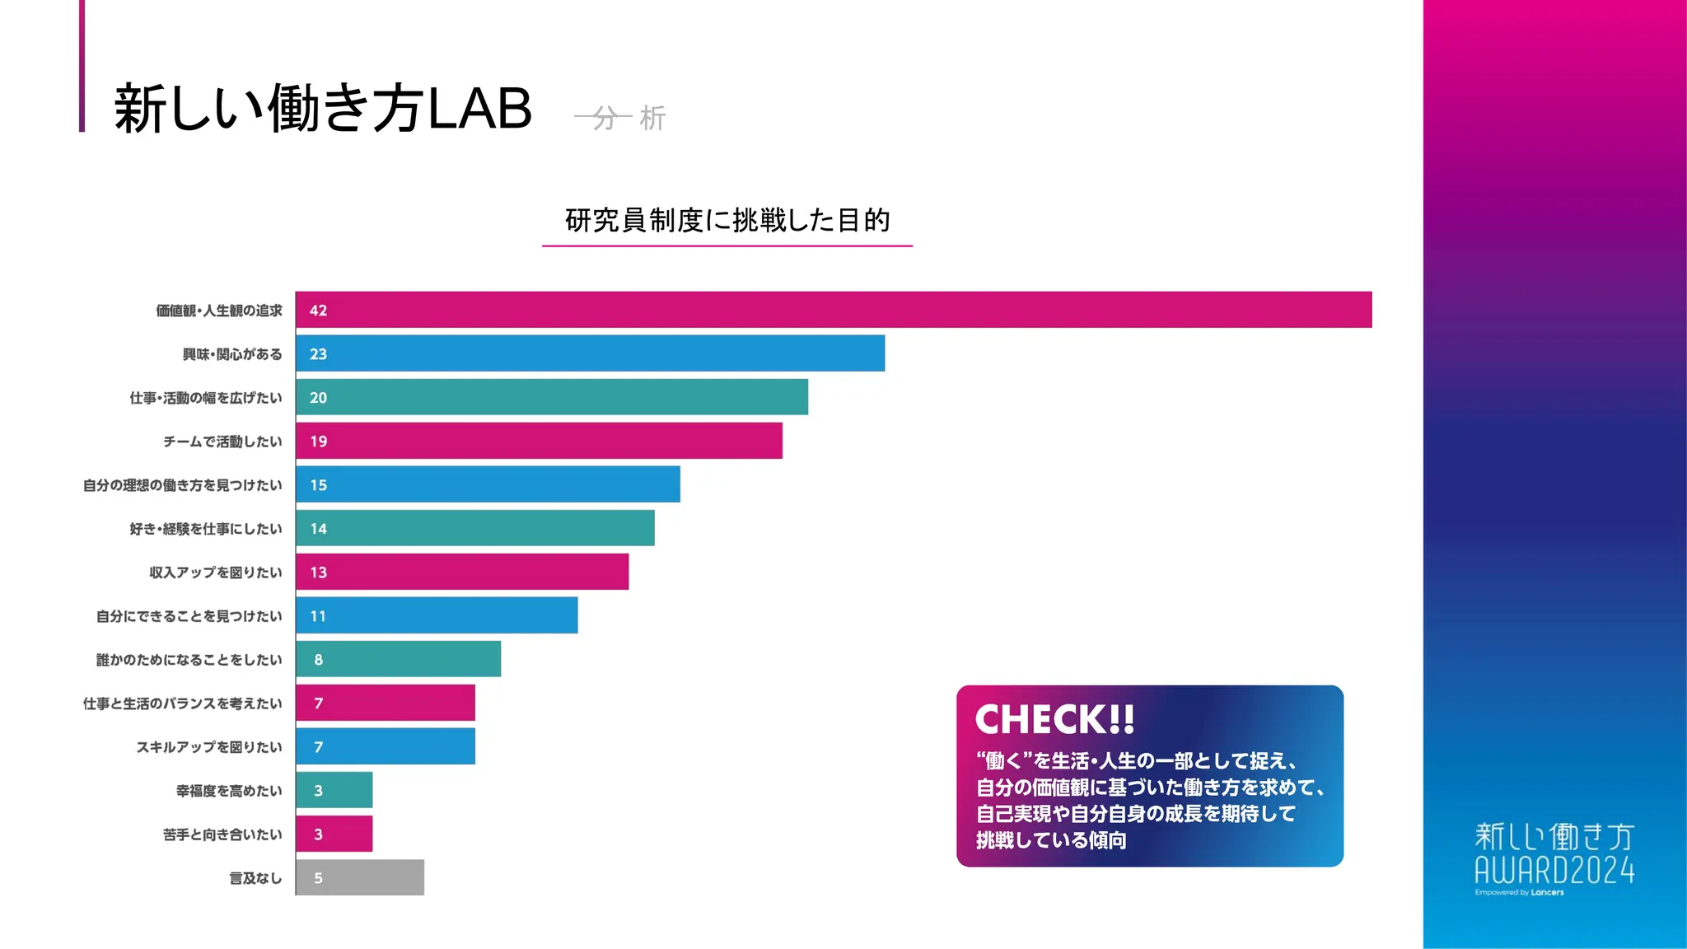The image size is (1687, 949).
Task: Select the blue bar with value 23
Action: (x=590, y=353)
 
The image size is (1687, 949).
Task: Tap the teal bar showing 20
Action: (x=552, y=397)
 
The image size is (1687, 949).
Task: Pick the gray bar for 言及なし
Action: (x=360, y=877)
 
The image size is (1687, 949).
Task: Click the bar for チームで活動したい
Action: (x=539, y=441)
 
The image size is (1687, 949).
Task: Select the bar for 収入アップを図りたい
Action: (x=462, y=572)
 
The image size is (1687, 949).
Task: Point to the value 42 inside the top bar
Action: (x=318, y=311)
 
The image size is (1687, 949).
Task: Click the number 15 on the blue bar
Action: (x=318, y=485)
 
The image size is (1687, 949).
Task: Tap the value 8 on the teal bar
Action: (x=318, y=660)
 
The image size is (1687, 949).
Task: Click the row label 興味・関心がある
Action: (x=232, y=354)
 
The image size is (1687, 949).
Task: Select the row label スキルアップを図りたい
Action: (x=209, y=747)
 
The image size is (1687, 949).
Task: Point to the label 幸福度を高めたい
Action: (x=229, y=791)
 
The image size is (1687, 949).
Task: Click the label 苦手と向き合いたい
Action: (x=222, y=834)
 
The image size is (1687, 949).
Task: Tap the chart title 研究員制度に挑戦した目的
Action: (x=727, y=220)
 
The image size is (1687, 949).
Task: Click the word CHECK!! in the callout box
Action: (x=1054, y=719)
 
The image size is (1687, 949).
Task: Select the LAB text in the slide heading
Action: (x=480, y=109)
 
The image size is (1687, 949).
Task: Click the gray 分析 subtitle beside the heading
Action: (x=620, y=118)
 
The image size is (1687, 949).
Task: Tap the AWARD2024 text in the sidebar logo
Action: (x=1554, y=870)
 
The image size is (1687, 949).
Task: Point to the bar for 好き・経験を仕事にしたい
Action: (x=475, y=528)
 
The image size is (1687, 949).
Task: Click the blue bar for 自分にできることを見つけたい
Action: (x=437, y=615)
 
